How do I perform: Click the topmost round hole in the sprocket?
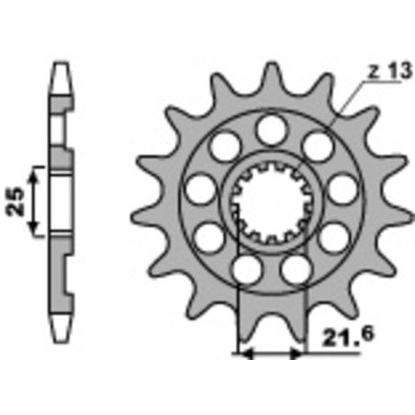coord(270,129)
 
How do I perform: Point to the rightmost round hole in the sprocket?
coord(341,190)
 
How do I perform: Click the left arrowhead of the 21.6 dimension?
coord(243,351)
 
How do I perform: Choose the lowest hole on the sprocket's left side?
coord(246,268)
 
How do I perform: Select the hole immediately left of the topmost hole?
coord(224,146)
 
